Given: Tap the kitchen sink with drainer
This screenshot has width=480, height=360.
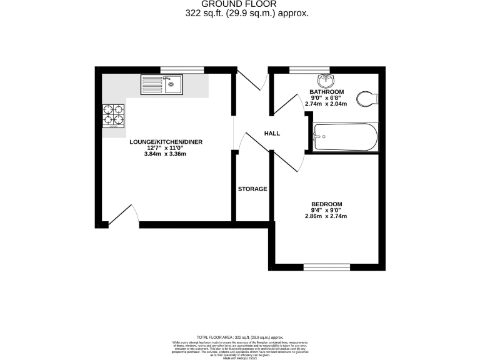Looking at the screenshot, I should click(x=161, y=84).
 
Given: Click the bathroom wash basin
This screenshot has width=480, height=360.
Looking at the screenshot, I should click(x=325, y=81).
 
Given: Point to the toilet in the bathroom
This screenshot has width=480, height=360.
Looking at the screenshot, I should click(x=368, y=97).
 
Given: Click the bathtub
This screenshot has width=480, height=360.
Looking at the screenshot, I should click(x=345, y=137).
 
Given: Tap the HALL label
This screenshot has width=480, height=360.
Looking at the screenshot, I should click(x=272, y=134).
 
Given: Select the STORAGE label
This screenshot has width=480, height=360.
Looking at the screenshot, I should click(x=252, y=189).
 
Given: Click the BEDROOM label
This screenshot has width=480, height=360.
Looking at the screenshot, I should click(x=327, y=204).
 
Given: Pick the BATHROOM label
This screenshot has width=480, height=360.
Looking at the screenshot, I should click(x=327, y=92).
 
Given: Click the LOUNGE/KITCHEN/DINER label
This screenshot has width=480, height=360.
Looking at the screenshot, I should click(x=166, y=142).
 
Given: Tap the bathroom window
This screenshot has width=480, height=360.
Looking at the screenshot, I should click(x=301, y=69).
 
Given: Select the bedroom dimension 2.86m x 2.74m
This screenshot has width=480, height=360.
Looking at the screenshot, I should click(x=326, y=216).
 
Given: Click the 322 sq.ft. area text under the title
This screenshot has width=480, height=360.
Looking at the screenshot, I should click(x=247, y=13).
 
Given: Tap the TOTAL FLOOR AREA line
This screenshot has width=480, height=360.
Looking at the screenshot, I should click(x=240, y=337).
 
